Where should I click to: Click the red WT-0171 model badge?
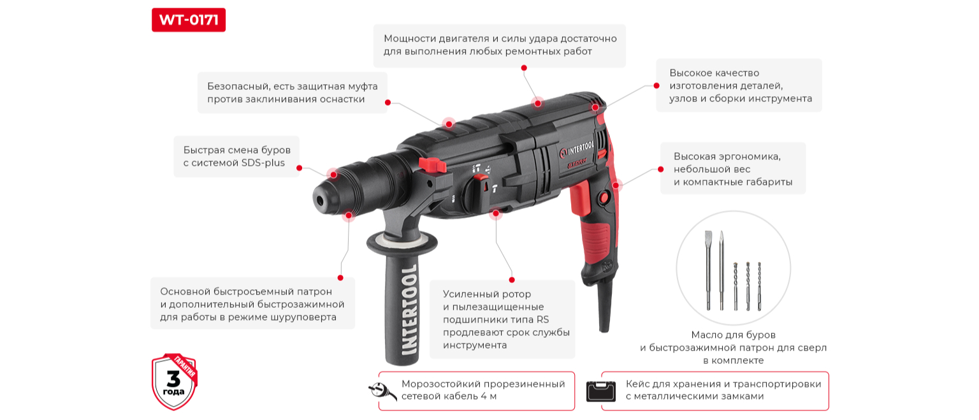click(189, 20)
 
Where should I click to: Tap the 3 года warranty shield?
click(175, 382)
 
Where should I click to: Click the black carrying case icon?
click(600, 391)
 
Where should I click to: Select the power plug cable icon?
click(382, 390)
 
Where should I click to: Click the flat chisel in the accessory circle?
click(709, 270)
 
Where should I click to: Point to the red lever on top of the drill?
click(432, 165)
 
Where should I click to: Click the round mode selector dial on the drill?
click(477, 194)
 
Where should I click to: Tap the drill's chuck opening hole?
click(321, 201)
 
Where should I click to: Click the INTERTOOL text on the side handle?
click(409, 310)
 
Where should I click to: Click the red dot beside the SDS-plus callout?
click(300, 168)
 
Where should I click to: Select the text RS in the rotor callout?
click(543, 319)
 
